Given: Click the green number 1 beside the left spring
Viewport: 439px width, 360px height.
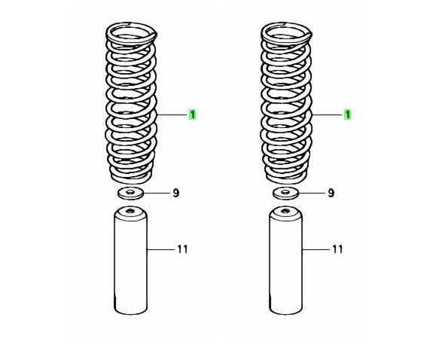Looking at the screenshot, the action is click(192, 114).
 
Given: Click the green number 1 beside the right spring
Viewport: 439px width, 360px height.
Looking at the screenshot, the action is click(347, 114).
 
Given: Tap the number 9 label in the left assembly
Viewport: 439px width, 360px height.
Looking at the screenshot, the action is click(175, 193).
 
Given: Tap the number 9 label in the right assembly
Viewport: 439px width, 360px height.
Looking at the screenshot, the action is click(331, 193).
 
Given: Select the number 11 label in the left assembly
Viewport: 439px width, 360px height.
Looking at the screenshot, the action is click(182, 249).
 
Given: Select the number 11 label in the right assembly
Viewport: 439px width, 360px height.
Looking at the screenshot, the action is click(337, 249).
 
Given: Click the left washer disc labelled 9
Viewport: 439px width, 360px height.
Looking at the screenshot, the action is click(130, 193).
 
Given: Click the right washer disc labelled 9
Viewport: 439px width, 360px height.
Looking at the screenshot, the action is click(285, 193).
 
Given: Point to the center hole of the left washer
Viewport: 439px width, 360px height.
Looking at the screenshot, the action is click(130, 192).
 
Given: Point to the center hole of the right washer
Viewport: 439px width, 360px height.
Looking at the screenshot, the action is click(285, 192).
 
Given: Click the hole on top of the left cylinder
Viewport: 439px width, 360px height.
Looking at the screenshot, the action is click(130, 211).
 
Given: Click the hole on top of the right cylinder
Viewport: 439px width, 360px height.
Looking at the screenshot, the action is click(285, 211).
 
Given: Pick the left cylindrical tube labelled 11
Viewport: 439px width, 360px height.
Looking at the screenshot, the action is click(130, 261).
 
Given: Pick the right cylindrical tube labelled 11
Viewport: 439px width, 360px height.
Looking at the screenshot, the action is click(285, 261).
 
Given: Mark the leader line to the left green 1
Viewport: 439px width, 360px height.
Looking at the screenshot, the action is click(172, 114).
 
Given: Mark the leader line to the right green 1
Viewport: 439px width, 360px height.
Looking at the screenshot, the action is click(327, 114).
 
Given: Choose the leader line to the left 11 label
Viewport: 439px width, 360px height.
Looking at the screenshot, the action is click(160, 249).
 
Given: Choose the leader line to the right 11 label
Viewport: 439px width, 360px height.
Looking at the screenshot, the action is click(316, 249).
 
